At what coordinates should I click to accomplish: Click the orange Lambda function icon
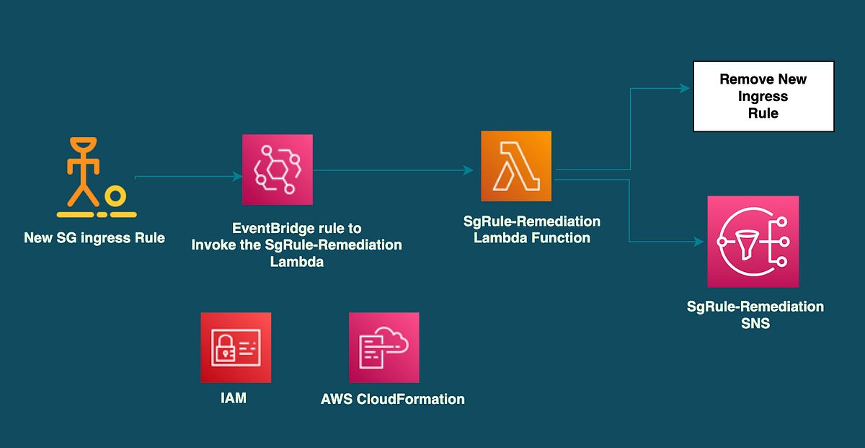click(516, 166)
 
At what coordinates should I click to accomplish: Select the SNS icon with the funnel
click(753, 242)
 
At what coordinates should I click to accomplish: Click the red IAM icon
click(236, 348)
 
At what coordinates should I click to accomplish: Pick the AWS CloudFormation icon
click(383, 348)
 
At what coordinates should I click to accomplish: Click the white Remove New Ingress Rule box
click(763, 97)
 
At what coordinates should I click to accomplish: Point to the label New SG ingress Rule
click(94, 237)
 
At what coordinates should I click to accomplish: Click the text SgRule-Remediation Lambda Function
click(532, 229)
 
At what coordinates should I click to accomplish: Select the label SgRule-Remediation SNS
click(755, 315)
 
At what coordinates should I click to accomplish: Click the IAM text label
click(234, 398)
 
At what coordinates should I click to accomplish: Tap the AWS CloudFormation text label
click(392, 398)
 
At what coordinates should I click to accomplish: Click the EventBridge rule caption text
click(296, 245)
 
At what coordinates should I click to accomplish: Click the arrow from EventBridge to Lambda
click(393, 170)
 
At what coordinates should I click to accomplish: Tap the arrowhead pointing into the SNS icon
click(699, 242)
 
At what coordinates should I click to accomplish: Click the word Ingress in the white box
click(763, 97)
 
